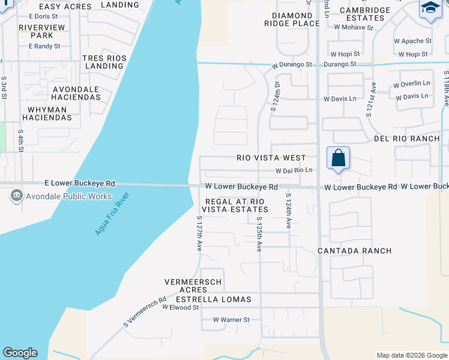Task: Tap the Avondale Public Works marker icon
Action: [x=16, y=196]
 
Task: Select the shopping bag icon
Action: [x=339, y=158]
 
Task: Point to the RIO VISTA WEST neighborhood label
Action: [x=271, y=158]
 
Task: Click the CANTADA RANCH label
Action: [x=354, y=251]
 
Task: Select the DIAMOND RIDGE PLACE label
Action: [x=292, y=19]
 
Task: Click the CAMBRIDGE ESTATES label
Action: [x=364, y=14]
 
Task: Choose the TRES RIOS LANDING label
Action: [x=104, y=62]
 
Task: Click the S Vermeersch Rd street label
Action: [x=145, y=311]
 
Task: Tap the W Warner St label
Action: [x=231, y=320]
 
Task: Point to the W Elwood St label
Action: [x=180, y=307]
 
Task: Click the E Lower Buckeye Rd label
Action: [x=80, y=183]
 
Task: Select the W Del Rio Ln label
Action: [x=294, y=170]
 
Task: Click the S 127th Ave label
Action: [x=199, y=234]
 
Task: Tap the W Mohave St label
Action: [x=354, y=27]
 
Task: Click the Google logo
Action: [x=20, y=353]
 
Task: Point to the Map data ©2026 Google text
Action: [x=411, y=355]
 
